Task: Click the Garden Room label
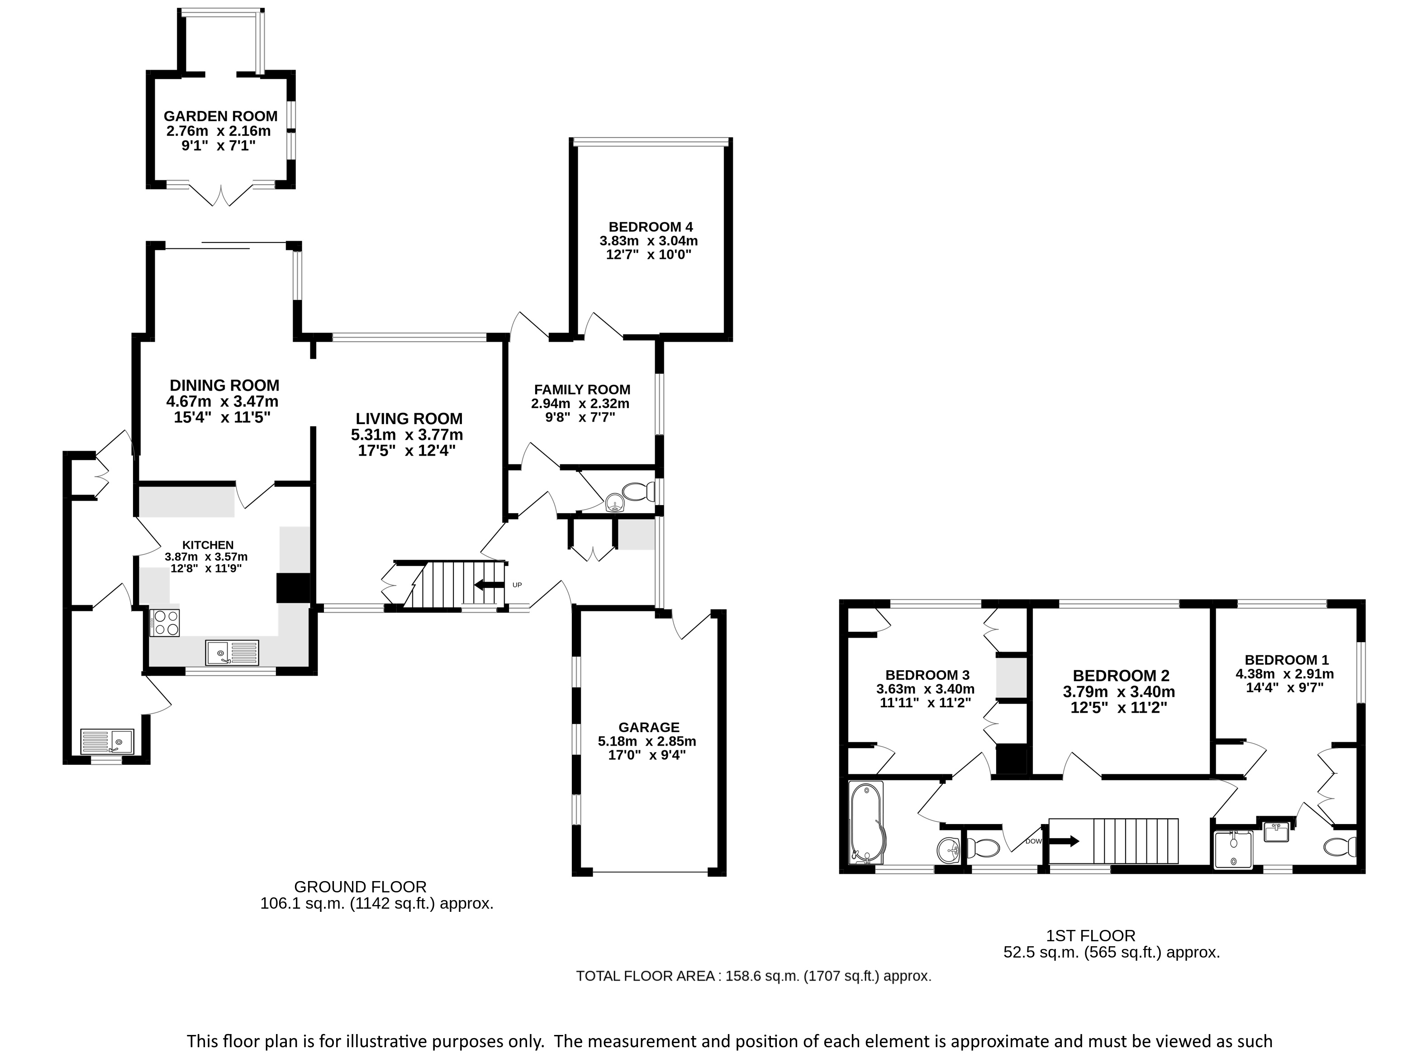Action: (x=220, y=116)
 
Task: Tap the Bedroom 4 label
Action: (x=651, y=227)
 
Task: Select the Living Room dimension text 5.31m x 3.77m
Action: (x=407, y=435)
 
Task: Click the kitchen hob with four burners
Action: (x=165, y=623)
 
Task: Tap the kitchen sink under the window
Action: (x=233, y=653)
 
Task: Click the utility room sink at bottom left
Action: (x=107, y=741)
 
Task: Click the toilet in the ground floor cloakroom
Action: (x=638, y=491)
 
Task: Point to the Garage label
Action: (x=649, y=727)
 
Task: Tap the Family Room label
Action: (x=582, y=390)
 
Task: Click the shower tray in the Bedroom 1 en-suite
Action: (x=1233, y=848)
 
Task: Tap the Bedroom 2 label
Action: (x=1121, y=676)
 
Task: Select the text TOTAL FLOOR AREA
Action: (x=645, y=976)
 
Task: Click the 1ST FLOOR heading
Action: (x=1091, y=936)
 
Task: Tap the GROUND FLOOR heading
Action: (x=360, y=887)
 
